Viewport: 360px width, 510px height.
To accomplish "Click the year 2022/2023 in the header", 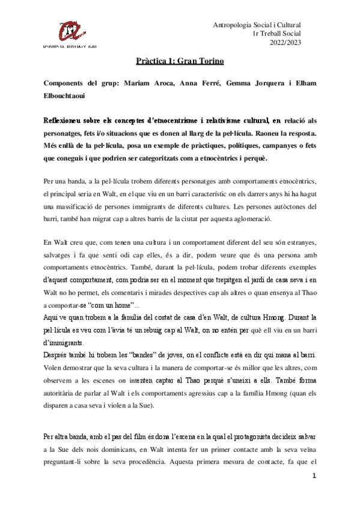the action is point(286,42).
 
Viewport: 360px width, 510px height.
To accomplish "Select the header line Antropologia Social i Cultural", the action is point(257,24).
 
